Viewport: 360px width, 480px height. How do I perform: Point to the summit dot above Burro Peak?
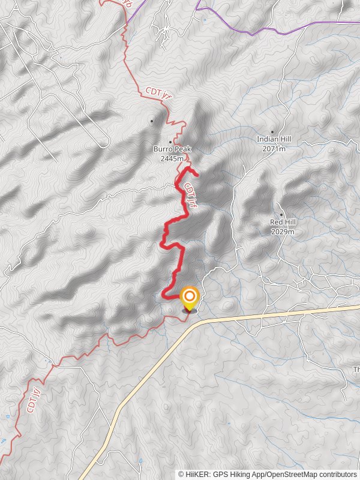(x=170, y=142)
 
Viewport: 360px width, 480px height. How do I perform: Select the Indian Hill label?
(x=274, y=139)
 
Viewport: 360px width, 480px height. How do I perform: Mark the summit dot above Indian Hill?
(x=272, y=131)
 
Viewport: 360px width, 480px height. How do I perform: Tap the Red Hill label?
(x=283, y=222)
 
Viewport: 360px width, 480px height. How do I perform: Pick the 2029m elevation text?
(x=283, y=231)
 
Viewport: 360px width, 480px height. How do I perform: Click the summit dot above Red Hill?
(x=281, y=214)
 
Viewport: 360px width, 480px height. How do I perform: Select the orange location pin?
(x=190, y=298)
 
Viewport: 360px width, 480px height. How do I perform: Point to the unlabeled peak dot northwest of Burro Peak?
(x=152, y=121)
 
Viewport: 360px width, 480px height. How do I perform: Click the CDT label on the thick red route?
(x=191, y=195)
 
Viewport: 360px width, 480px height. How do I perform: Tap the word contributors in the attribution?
(x=337, y=474)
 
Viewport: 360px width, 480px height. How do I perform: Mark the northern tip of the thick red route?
(x=197, y=175)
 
